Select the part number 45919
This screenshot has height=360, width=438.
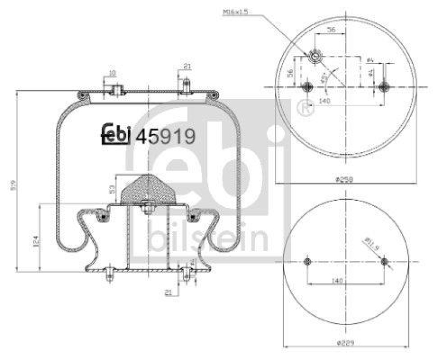tap(165, 135)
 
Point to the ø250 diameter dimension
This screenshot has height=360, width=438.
tap(344, 179)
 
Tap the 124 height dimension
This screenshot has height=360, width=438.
tap(34, 239)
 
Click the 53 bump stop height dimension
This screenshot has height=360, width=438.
tap(112, 189)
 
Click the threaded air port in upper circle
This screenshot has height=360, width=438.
tap(315, 56)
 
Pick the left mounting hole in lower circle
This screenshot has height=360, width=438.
tap(307, 263)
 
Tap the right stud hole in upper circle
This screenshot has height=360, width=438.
tap(384, 86)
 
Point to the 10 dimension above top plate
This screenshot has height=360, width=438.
tap(112, 73)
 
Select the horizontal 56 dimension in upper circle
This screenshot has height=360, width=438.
tap(331, 31)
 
